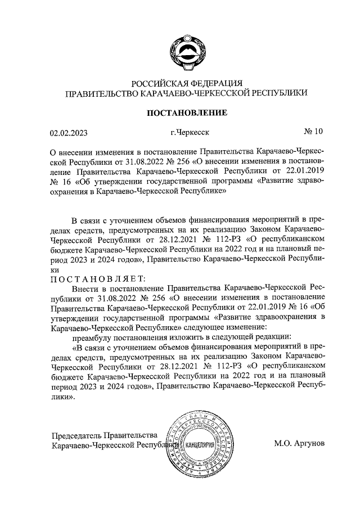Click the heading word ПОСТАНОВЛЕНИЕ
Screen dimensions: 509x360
coord(187,113)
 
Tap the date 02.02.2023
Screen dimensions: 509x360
coord(69,133)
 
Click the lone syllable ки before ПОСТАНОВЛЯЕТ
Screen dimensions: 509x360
coord(55,269)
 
